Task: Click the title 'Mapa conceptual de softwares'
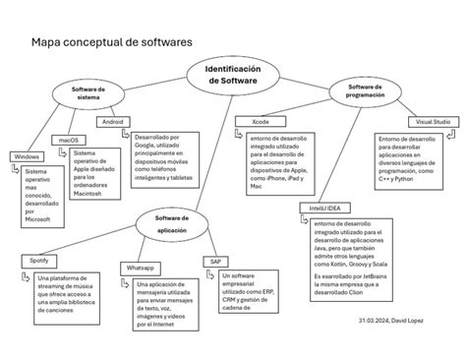pos(112,43)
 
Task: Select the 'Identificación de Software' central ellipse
pos(232,76)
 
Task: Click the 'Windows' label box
pos(27,157)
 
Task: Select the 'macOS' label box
pos(70,141)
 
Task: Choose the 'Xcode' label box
pos(261,121)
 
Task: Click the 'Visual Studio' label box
pos(433,121)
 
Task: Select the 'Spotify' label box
pos(39,260)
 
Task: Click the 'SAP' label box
pos(215,262)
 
